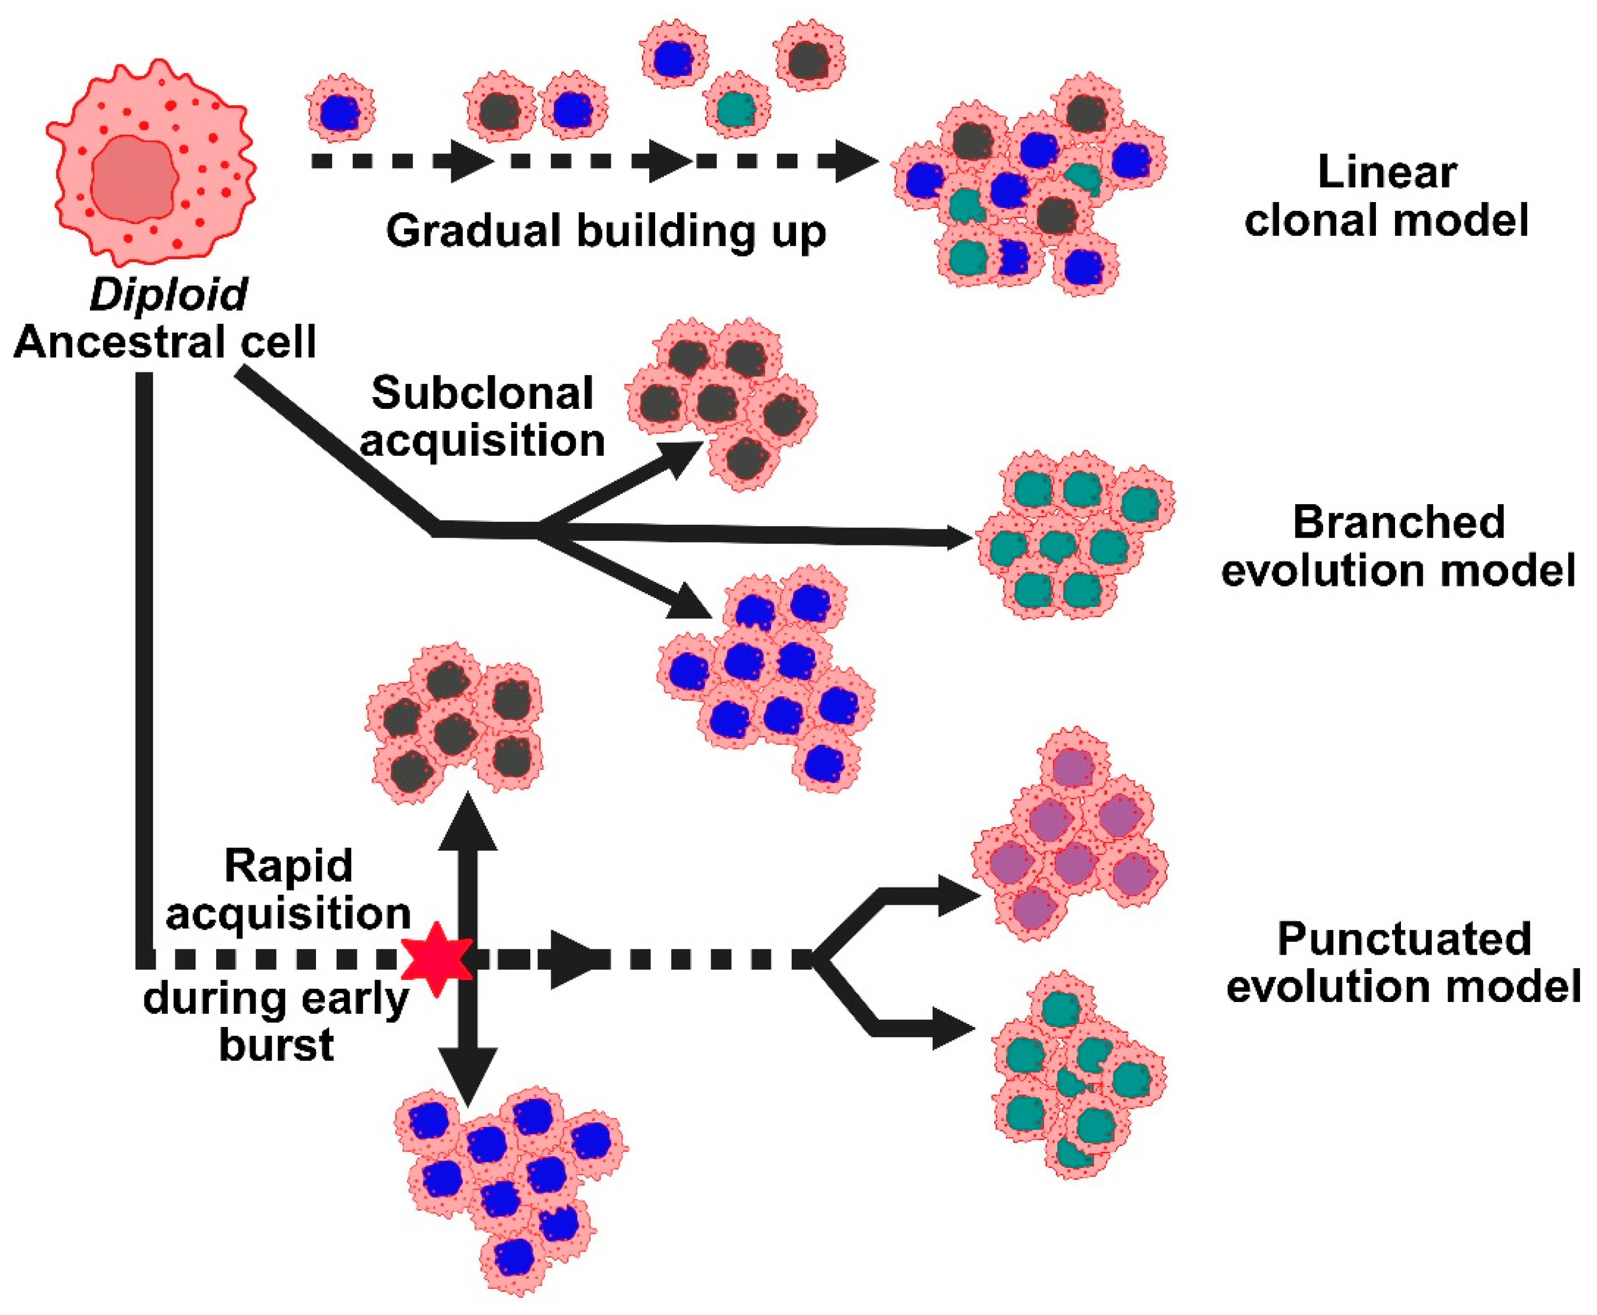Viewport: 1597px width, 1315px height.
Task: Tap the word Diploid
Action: pos(168,294)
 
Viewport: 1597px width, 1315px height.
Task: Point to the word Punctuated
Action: pos(1404,939)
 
